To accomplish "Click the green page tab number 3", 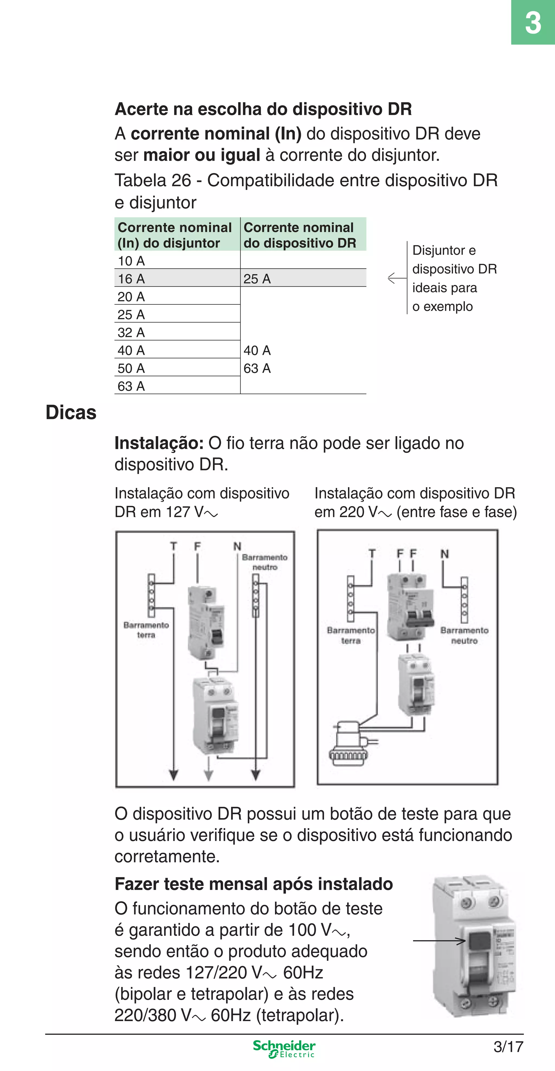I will (x=533, y=22).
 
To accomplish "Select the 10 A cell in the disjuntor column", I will (x=131, y=261).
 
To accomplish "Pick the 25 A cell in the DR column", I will (x=257, y=279).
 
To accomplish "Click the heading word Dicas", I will (x=71, y=413).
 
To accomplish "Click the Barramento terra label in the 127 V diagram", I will (x=146, y=630).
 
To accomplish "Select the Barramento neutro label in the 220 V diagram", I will (x=464, y=635).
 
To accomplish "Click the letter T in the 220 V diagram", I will (x=372, y=553).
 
